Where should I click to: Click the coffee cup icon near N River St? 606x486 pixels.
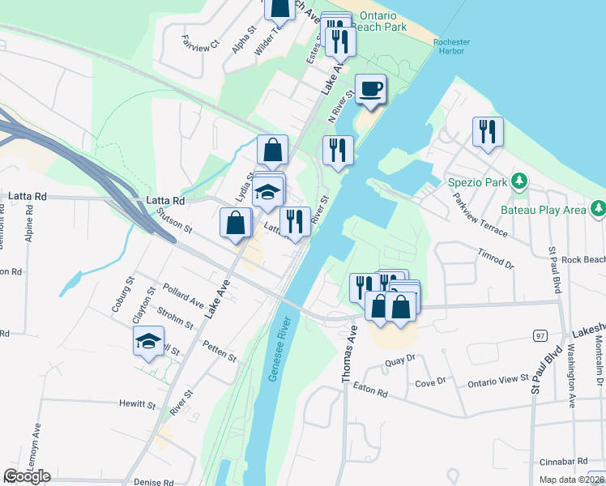(370, 89)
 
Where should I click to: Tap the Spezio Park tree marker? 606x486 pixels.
(519, 181)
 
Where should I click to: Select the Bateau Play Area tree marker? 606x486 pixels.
(598, 210)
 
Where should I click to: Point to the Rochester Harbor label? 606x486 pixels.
(448, 46)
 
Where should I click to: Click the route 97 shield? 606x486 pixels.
(539, 334)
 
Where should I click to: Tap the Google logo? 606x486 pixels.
(27, 476)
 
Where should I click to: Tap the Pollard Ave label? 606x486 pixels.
(182, 295)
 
